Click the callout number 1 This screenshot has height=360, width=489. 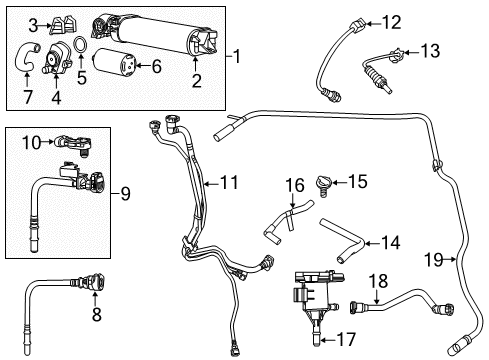[x=237, y=56]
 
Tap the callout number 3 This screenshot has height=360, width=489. [x=32, y=23]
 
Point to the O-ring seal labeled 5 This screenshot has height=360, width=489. [x=81, y=50]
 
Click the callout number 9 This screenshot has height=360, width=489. [x=96, y=314]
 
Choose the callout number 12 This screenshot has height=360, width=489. [x=229, y=183]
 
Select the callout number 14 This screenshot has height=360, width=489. [x=429, y=50]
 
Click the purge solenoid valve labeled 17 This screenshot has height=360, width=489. [x=295, y=186]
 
